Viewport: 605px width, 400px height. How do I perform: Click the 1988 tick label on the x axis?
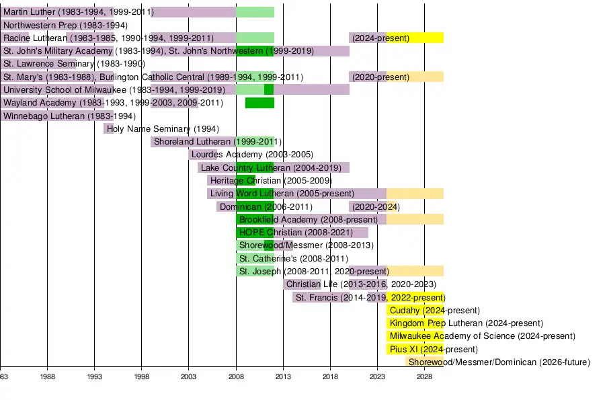pyautogui.click(x=47, y=377)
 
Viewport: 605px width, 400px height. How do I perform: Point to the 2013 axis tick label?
pyautogui.click(x=283, y=377)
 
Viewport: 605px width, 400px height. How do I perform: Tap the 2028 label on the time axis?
pyautogui.click(x=424, y=377)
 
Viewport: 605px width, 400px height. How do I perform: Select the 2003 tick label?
pyautogui.click(x=189, y=377)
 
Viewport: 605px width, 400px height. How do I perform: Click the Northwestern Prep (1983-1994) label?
pyautogui.click(x=65, y=26)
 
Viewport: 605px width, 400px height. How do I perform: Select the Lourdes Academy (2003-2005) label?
pyautogui.click(x=252, y=155)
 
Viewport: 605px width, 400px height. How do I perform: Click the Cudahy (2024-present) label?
pyautogui.click(x=434, y=311)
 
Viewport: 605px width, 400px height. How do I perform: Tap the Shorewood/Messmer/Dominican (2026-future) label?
pyautogui.click(x=499, y=362)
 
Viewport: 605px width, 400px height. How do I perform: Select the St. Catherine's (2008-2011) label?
pyautogui.click(x=294, y=259)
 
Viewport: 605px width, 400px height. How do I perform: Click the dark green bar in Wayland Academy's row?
pyautogui.click(x=259, y=103)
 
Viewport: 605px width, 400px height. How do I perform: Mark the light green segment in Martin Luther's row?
pyautogui.click(x=255, y=12)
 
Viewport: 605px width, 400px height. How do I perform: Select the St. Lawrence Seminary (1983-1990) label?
pyautogui.click(x=74, y=64)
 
